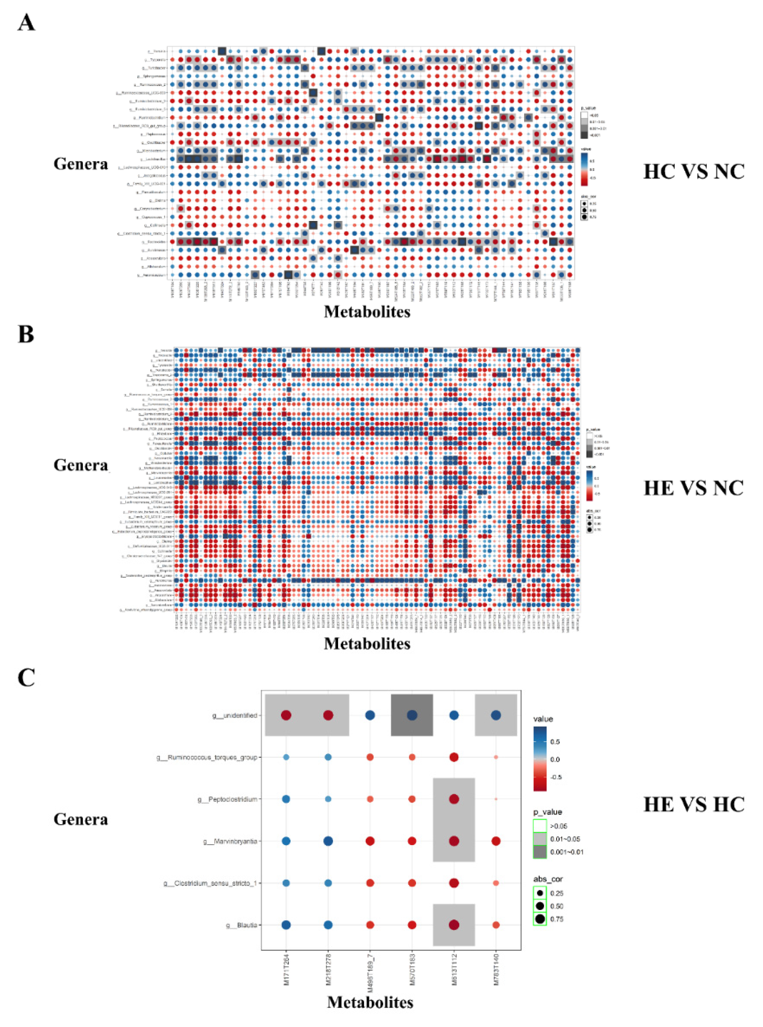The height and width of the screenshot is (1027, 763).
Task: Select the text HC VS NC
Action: pyautogui.click(x=693, y=171)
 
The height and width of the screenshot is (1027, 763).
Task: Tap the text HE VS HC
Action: pyautogui.click(x=693, y=804)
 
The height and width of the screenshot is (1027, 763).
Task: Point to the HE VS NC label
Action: pyautogui.click(x=693, y=488)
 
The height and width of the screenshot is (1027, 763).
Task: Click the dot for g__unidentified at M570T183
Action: pyautogui.click(x=412, y=715)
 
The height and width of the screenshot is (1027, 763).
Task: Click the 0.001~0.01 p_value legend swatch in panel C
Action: pyautogui.click(x=540, y=852)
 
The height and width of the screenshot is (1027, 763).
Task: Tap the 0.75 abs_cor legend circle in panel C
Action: pyautogui.click(x=540, y=919)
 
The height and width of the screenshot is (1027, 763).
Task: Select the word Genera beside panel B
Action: pyautogui.click(x=81, y=465)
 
